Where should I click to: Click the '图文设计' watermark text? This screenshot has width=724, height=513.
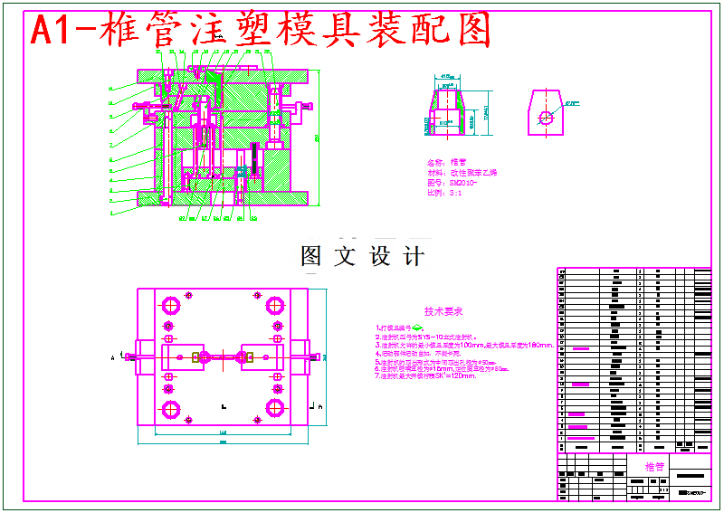(362, 256)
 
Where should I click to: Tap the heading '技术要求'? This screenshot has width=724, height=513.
(443, 310)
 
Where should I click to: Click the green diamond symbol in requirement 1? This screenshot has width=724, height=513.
(420, 327)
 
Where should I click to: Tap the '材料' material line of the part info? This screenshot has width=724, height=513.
(461, 172)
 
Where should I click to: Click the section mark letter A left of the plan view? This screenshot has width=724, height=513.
(113, 358)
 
